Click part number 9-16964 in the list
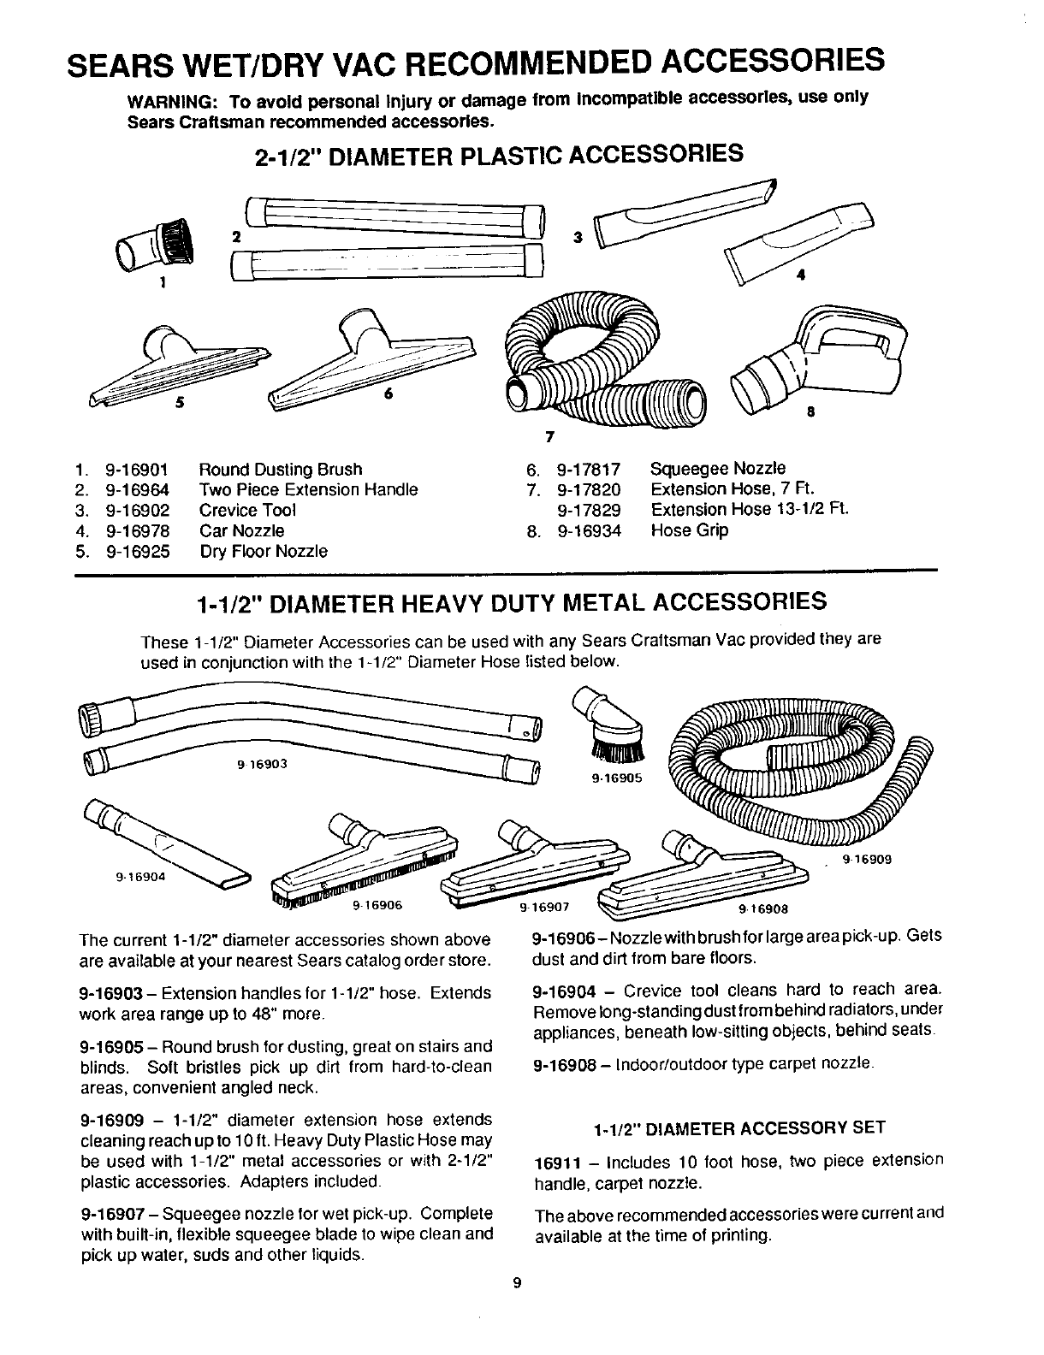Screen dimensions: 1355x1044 (x=137, y=490)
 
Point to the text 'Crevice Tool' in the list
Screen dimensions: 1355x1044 (x=247, y=511)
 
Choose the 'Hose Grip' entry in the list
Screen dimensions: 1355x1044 (x=690, y=530)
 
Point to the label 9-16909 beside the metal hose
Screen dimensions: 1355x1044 (x=867, y=860)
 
